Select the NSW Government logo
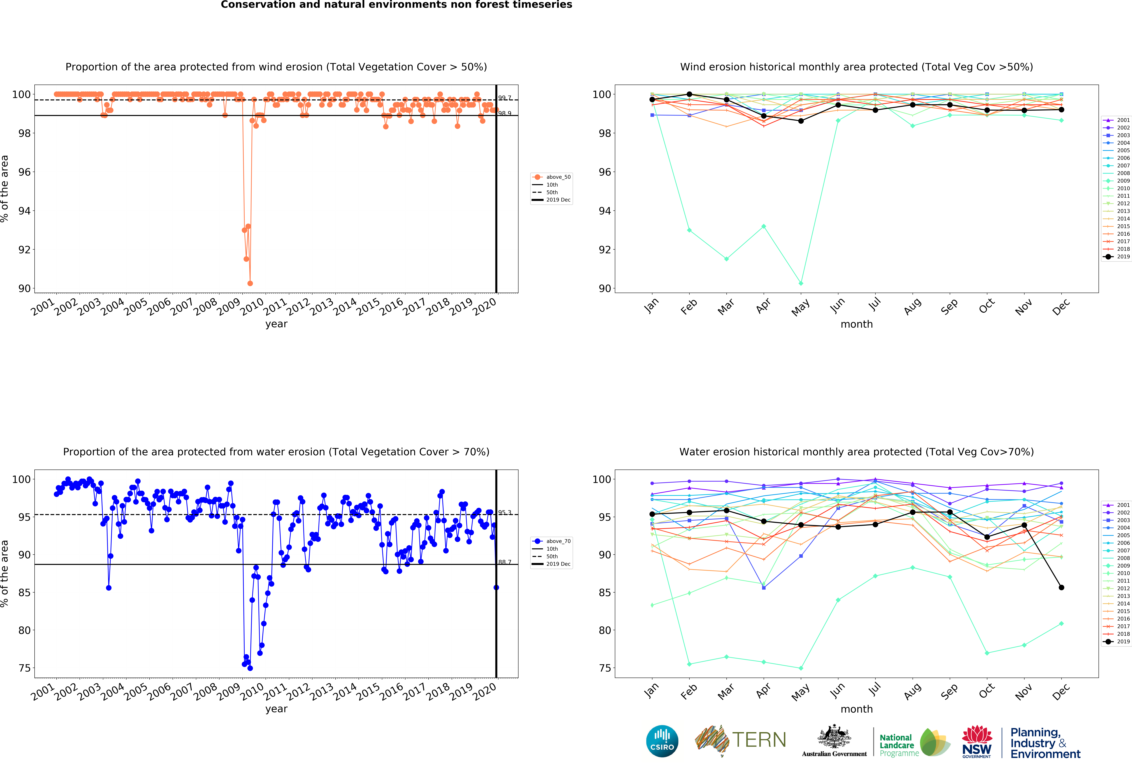977,741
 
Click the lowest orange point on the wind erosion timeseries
250,283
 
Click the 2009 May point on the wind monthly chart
801,283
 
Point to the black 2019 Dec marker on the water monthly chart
1061,587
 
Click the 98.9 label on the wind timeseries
505,113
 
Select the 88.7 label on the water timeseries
505,562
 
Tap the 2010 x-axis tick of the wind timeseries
252,307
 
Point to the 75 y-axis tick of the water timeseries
24,668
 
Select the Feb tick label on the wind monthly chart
689,307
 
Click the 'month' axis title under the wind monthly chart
856,324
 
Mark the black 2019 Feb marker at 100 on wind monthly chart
689,94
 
